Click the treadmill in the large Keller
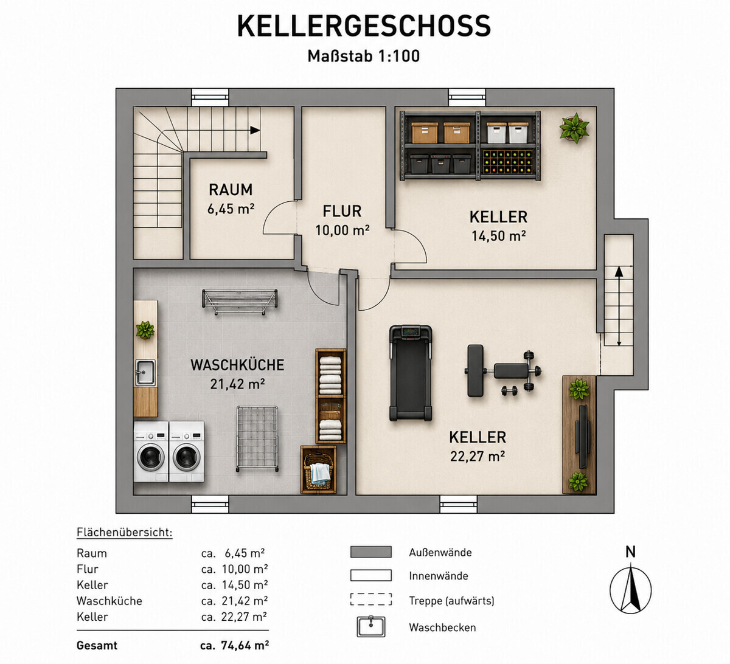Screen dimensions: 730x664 click(411, 373)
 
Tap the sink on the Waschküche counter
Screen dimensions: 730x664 click(145, 372)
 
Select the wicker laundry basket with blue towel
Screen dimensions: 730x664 click(318, 469)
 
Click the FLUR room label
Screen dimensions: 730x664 click(342, 212)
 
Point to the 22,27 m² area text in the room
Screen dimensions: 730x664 click(478, 456)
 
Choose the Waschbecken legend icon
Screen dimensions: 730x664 click(371, 627)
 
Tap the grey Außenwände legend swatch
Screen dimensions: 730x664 click(371, 552)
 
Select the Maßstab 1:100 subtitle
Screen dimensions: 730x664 click(364, 56)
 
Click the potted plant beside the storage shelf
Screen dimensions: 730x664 click(574, 128)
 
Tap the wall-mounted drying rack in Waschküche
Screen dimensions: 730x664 click(240, 301)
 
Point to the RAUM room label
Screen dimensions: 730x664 click(231, 190)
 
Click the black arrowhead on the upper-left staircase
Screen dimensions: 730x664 click(255, 130)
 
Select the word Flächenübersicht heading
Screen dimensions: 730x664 click(125, 532)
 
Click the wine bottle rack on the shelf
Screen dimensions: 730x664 click(507, 162)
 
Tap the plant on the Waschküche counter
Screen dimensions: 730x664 click(145, 330)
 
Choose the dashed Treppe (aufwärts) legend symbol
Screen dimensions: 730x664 click(371, 599)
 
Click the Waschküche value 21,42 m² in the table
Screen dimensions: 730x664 click(245, 601)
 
